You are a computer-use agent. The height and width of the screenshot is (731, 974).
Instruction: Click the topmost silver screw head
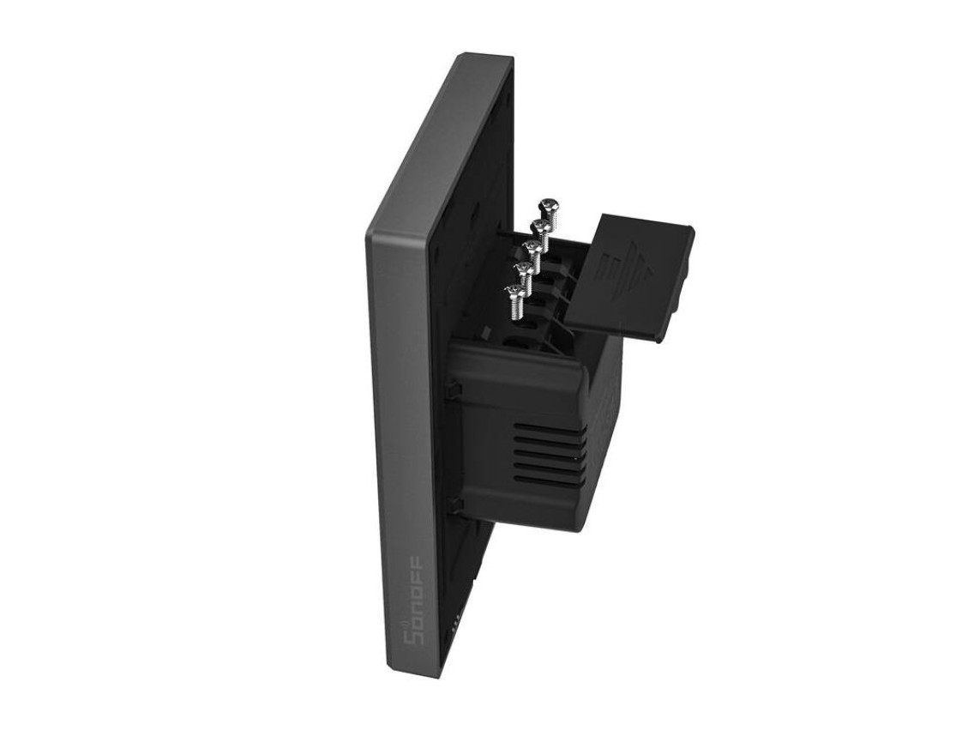(x=546, y=206)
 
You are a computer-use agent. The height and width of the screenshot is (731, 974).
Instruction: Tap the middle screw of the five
(x=531, y=249)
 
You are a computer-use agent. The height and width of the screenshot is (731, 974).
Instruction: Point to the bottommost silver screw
(x=514, y=293)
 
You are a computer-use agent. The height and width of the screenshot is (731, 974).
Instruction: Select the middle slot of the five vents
(x=550, y=455)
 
